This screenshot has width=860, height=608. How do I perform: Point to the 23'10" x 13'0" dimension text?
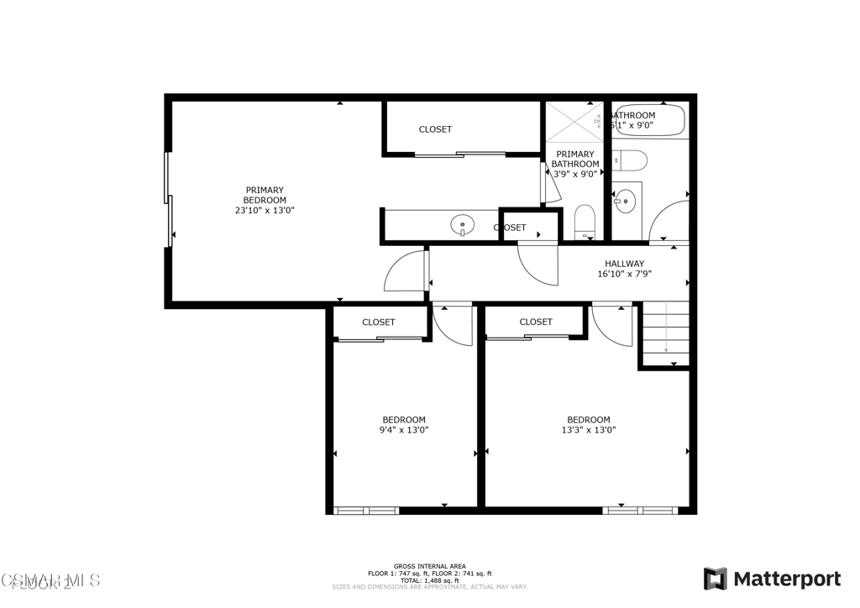[265, 211]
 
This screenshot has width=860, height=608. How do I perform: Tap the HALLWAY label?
[624, 264]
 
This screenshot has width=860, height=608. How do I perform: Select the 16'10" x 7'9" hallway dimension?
[624, 274]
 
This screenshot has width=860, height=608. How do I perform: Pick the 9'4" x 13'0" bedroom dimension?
[404, 430]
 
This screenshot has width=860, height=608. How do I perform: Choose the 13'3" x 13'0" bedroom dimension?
[588, 430]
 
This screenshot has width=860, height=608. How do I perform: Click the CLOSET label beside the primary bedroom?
[435, 129]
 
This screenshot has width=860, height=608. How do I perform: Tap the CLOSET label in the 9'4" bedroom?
[379, 322]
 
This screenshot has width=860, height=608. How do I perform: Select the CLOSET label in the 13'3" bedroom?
[536, 322]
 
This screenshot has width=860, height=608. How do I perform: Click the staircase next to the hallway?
[665, 333]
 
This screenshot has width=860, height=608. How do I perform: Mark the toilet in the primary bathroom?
[585, 222]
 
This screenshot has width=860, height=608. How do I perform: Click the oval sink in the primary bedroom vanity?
[462, 224]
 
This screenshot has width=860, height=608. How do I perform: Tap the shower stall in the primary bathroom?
[574, 123]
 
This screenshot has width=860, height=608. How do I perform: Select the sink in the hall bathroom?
[625, 200]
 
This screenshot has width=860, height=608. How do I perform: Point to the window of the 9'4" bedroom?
[365, 510]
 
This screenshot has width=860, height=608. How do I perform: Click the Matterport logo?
[772, 579]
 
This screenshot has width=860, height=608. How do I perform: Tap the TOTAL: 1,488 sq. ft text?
[429, 580]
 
